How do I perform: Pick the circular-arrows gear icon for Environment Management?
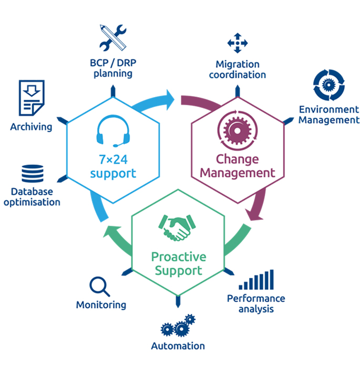(328, 85)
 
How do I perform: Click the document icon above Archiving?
(31, 98)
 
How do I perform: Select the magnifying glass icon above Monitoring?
(99, 287)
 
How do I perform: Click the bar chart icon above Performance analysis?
(256, 280)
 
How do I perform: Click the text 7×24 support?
(112, 166)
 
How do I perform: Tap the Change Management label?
(238, 165)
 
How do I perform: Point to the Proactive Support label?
(176, 264)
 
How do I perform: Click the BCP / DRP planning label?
(112, 68)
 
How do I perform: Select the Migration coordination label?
(237, 69)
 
